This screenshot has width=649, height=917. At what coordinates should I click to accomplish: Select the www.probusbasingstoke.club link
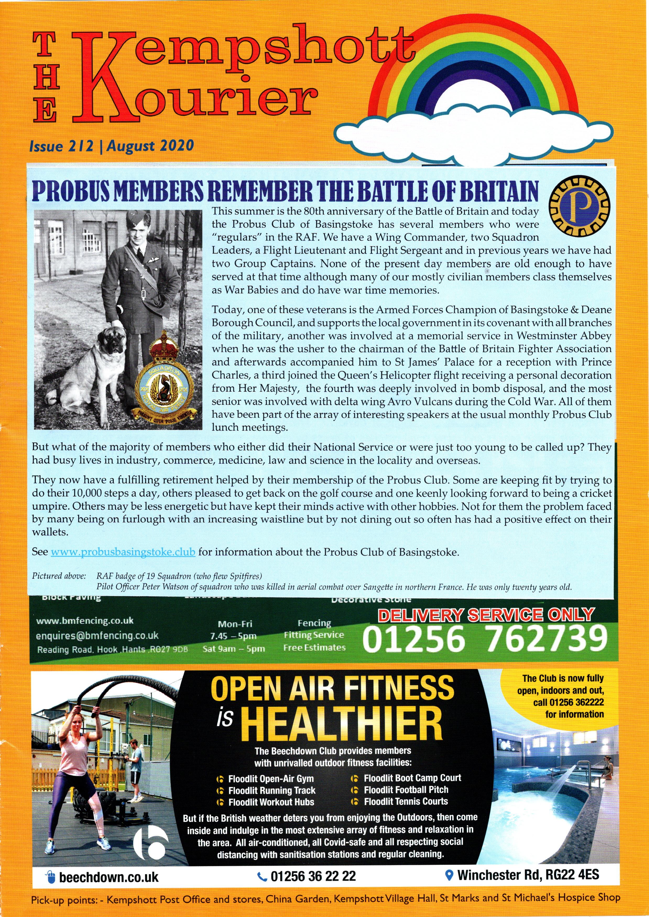123,552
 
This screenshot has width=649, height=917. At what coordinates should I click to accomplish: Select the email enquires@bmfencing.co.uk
97,635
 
